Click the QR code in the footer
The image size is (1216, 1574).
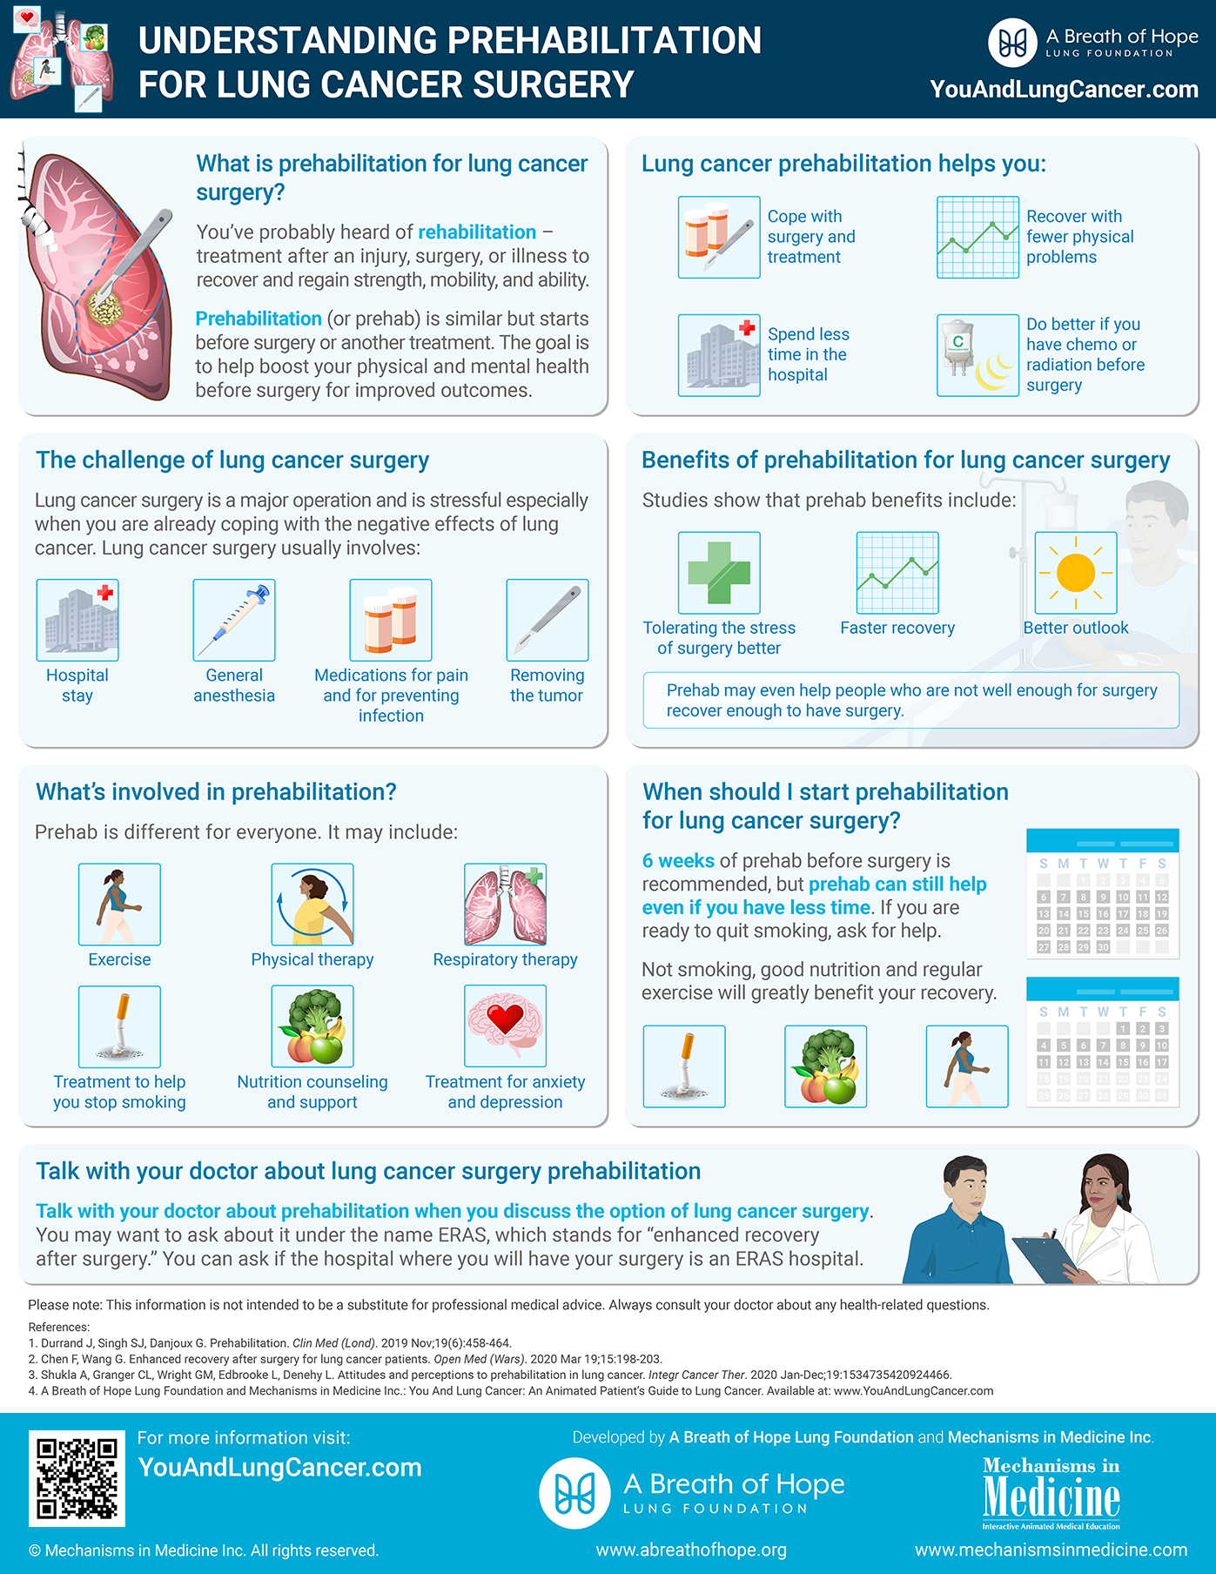[77, 1478]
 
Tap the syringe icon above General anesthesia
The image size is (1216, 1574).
[234, 620]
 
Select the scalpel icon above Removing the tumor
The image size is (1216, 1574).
[548, 620]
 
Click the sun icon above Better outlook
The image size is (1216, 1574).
[1076, 573]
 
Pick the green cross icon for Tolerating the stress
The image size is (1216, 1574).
[719, 573]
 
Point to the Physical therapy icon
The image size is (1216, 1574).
[312, 905]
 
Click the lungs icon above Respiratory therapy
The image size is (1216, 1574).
[506, 905]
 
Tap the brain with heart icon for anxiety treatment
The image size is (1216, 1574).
[506, 1026]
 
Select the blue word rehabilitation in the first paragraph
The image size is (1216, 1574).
[477, 232]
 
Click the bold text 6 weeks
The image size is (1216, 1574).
[678, 861]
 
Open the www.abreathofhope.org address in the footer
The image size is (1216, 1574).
[691, 1550]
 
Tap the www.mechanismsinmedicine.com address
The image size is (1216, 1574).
[1051, 1550]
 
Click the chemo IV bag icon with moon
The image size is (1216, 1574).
[978, 355]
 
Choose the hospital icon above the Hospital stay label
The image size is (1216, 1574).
[77, 620]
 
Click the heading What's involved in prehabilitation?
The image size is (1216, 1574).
[216, 792]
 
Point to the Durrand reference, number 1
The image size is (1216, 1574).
[270, 1343]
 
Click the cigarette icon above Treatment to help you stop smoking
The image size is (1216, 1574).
[119, 1026]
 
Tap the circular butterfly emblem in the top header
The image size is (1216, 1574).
[1012, 43]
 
